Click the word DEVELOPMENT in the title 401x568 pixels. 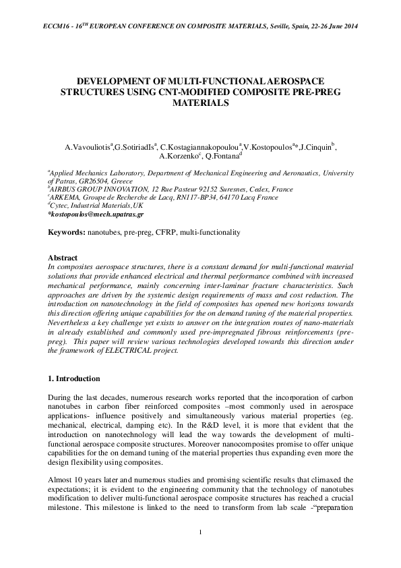click(117, 80)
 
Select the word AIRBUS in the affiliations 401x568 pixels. click(66, 190)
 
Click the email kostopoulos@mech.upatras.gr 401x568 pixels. click(96, 214)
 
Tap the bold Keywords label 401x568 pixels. click(66, 232)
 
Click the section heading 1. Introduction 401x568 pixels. click(73, 378)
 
